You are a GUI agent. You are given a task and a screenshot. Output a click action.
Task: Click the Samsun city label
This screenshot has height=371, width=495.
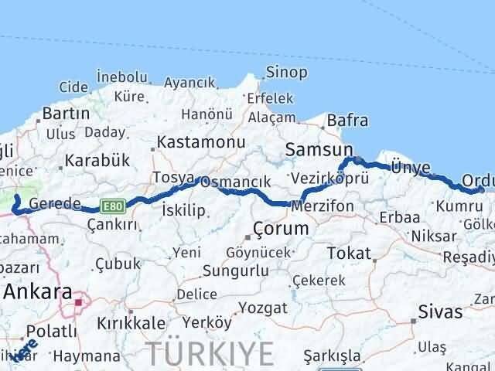tap(319, 149)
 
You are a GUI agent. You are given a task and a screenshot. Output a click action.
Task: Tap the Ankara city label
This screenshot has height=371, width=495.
tap(38, 293)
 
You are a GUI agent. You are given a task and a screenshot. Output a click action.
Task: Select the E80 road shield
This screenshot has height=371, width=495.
tap(112, 206)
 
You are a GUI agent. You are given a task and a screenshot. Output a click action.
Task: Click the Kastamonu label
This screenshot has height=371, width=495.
tap(200, 142)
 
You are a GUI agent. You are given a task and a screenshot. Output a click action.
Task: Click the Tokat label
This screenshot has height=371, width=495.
tap(350, 253)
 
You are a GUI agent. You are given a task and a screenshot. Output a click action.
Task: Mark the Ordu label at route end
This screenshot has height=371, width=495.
tap(476, 181)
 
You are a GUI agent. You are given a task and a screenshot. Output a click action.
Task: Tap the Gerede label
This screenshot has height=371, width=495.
tap(55, 204)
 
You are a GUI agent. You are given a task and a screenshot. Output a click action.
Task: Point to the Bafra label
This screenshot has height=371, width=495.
tap(347, 121)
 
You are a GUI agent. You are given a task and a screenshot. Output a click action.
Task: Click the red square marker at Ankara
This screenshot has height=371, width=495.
tap(80, 302)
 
